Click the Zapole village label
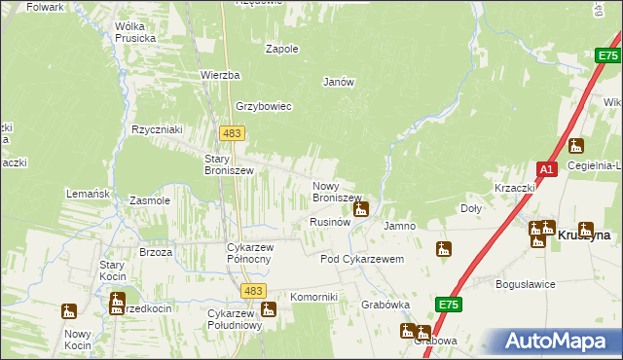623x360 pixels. pyautogui.click(x=281, y=49)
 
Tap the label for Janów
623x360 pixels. pyautogui.click(x=339, y=83)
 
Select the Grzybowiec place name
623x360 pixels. pyautogui.click(x=263, y=107)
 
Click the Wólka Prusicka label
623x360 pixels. pyautogui.click(x=135, y=32)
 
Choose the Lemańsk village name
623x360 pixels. pyautogui.click(x=88, y=194)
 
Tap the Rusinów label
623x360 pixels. pyautogui.click(x=329, y=222)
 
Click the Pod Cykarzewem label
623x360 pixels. pyautogui.click(x=362, y=260)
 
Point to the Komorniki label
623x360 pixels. pyautogui.click(x=313, y=297)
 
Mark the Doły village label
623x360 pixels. pyautogui.click(x=471, y=208)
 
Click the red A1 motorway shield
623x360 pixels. pyautogui.click(x=547, y=169)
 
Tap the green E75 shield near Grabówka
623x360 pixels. pyautogui.click(x=448, y=306)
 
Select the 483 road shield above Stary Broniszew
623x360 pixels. pyautogui.click(x=232, y=132)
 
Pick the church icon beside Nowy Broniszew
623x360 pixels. pyautogui.click(x=361, y=208)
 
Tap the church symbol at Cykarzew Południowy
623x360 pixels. pyautogui.click(x=269, y=310)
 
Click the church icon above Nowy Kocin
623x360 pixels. pyautogui.click(x=69, y=311)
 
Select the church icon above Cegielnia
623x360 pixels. pyautogui.click(x=575, y=147)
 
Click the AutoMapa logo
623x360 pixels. pyautogui.click(x=556, y=341)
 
